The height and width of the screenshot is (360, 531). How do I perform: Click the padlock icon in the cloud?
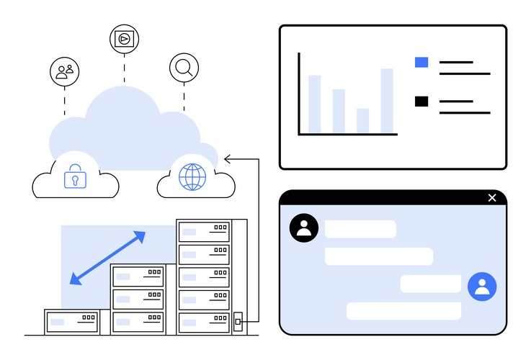(75, 177)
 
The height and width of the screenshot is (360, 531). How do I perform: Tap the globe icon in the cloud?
(192, 176)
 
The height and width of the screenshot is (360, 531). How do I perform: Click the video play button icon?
(124, 38)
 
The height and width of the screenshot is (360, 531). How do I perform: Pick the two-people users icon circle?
(64, 71)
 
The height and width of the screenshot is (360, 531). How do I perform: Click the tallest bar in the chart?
(387, 101)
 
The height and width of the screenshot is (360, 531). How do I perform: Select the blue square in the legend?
(421, 63)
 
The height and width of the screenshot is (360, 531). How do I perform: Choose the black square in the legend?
(421, 102)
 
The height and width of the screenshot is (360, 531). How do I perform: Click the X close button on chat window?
(492, 198)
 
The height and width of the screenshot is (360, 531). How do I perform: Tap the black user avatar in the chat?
(303, 228)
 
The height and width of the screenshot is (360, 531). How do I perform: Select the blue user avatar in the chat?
(482, 286)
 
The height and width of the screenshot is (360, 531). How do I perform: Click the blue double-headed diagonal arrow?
(107, 257)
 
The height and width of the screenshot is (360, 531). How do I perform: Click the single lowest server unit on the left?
(72, 321)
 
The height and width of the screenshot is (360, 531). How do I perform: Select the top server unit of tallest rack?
(204, 232)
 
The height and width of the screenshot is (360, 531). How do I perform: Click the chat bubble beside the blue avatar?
(430, 284)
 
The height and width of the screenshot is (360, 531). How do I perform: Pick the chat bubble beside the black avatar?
(360, 229)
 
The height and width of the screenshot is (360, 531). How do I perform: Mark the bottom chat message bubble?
(403, 311)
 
